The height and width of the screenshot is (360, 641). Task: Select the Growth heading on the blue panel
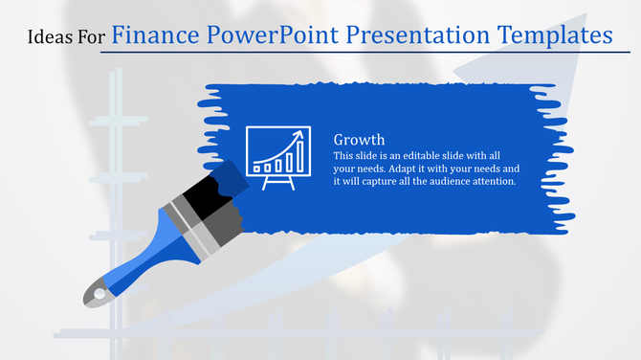tap(359, 140)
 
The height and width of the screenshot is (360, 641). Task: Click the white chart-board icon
tap(278, 152)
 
